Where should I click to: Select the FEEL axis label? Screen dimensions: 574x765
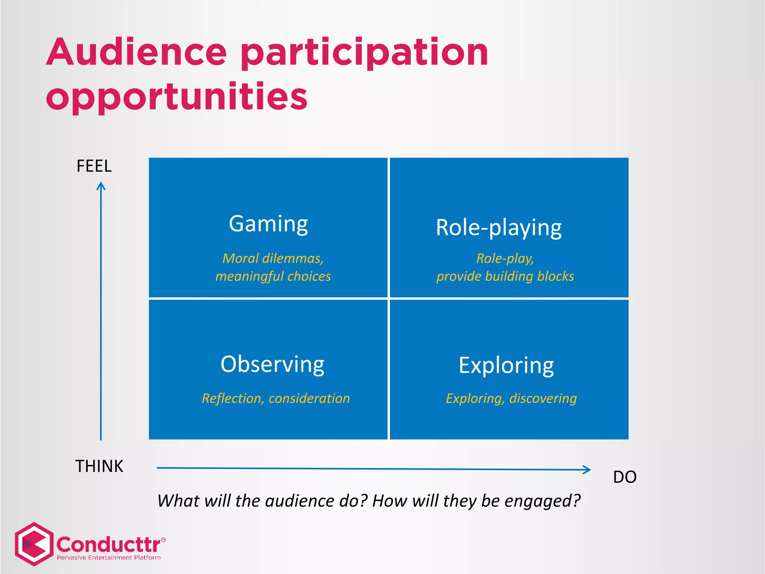94,166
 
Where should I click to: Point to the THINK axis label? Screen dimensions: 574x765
99,466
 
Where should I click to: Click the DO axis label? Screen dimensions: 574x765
625,477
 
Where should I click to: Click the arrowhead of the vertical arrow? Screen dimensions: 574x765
101,186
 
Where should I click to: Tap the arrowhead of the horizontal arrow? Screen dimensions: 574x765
587,470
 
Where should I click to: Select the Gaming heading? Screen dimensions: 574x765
268,224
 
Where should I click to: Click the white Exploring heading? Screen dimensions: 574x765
506,365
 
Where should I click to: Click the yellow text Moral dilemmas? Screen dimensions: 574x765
273,258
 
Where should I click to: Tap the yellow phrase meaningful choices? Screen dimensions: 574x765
273,276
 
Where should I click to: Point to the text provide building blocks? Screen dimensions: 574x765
505,276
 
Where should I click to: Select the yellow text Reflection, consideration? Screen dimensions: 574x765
276,398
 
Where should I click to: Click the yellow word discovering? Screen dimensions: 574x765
543,398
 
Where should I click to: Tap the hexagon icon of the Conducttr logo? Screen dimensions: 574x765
34,544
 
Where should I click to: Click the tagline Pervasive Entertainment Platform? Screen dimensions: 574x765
109,558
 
